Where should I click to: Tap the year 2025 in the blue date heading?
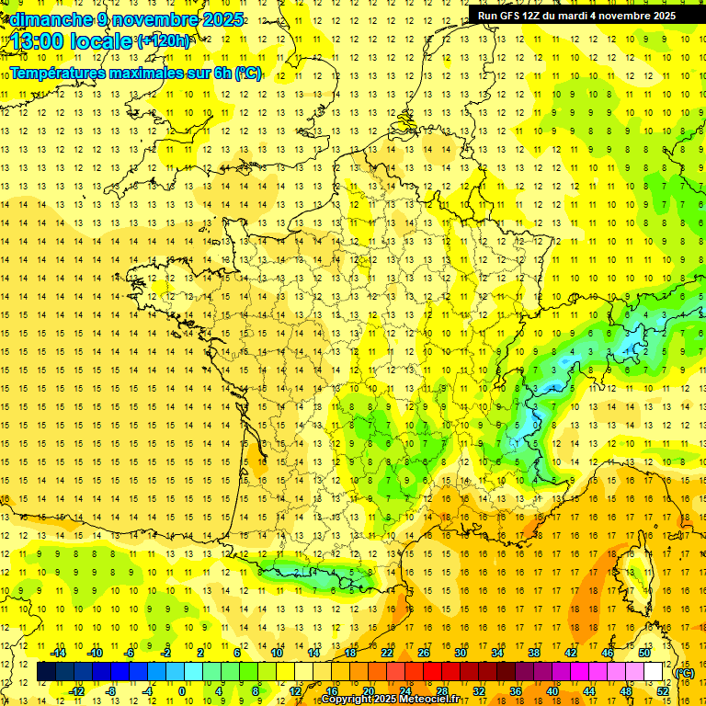coord(222,19)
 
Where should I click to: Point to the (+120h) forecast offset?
coord(164,40)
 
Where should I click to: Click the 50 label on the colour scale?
coord(644,653)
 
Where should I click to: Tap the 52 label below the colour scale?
coord(663,690)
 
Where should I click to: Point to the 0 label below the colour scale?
coord(182,690)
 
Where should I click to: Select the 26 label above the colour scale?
coord(424,653)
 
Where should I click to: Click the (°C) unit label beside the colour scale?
coord(685,672)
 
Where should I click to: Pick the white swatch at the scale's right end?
coord(654,672)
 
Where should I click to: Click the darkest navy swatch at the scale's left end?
coord(46,672)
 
